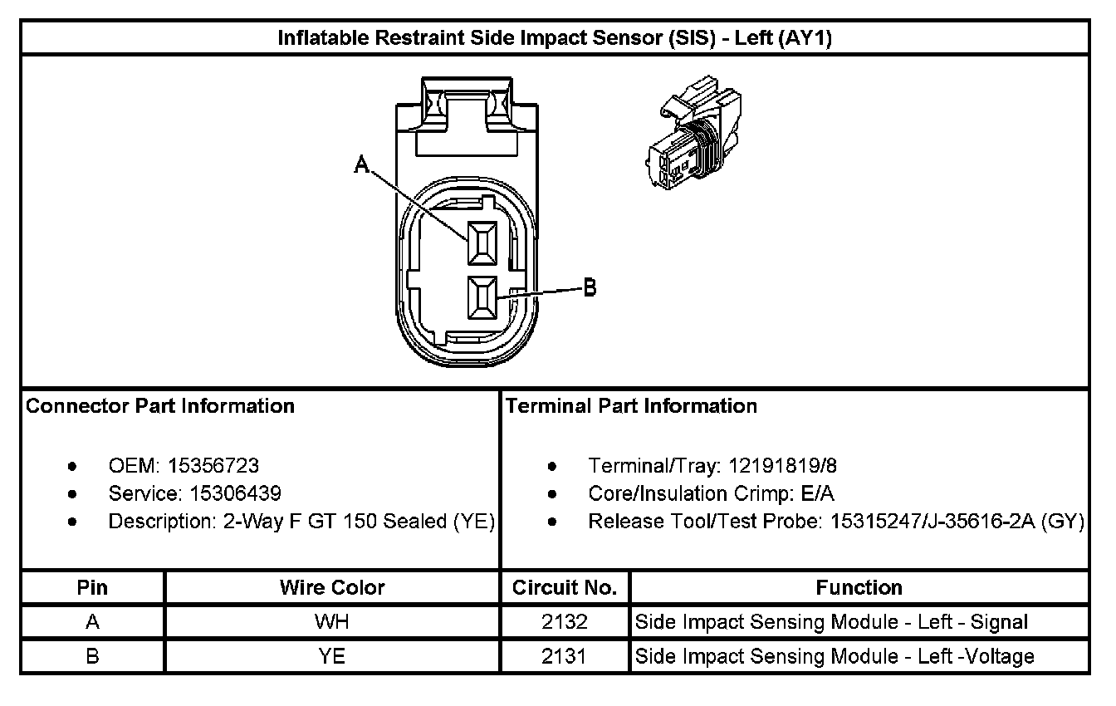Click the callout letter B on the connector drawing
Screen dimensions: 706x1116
pyautogui.click(x=589, y=288)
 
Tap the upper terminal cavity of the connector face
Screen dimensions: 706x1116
pyautogui.click(x=482, y=244)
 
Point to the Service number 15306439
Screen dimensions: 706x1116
pyautogui.click(x=235, y=494)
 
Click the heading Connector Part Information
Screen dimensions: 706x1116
pyautogui.click(x=160, y=406)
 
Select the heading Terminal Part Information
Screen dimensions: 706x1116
pyautogui.click(x=631, y=406)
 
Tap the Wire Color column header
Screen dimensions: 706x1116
pyautogui.click(x=332, y=588)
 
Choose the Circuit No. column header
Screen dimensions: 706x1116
pyautogui.click(x=565, y=588)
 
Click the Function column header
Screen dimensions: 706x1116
pyautogui.click(x=859, y=588)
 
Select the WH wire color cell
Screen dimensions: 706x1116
pyautogui.click(x=332, y=622)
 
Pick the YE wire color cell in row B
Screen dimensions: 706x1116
pyautogui.click(x=332, y=656)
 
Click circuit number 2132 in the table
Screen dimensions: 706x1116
pyautogui.click(x=565, y=622)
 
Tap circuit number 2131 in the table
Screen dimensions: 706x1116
pyautogui.click(x=565, y=656)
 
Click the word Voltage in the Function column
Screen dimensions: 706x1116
pyautogui.click(x=999, y=656)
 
